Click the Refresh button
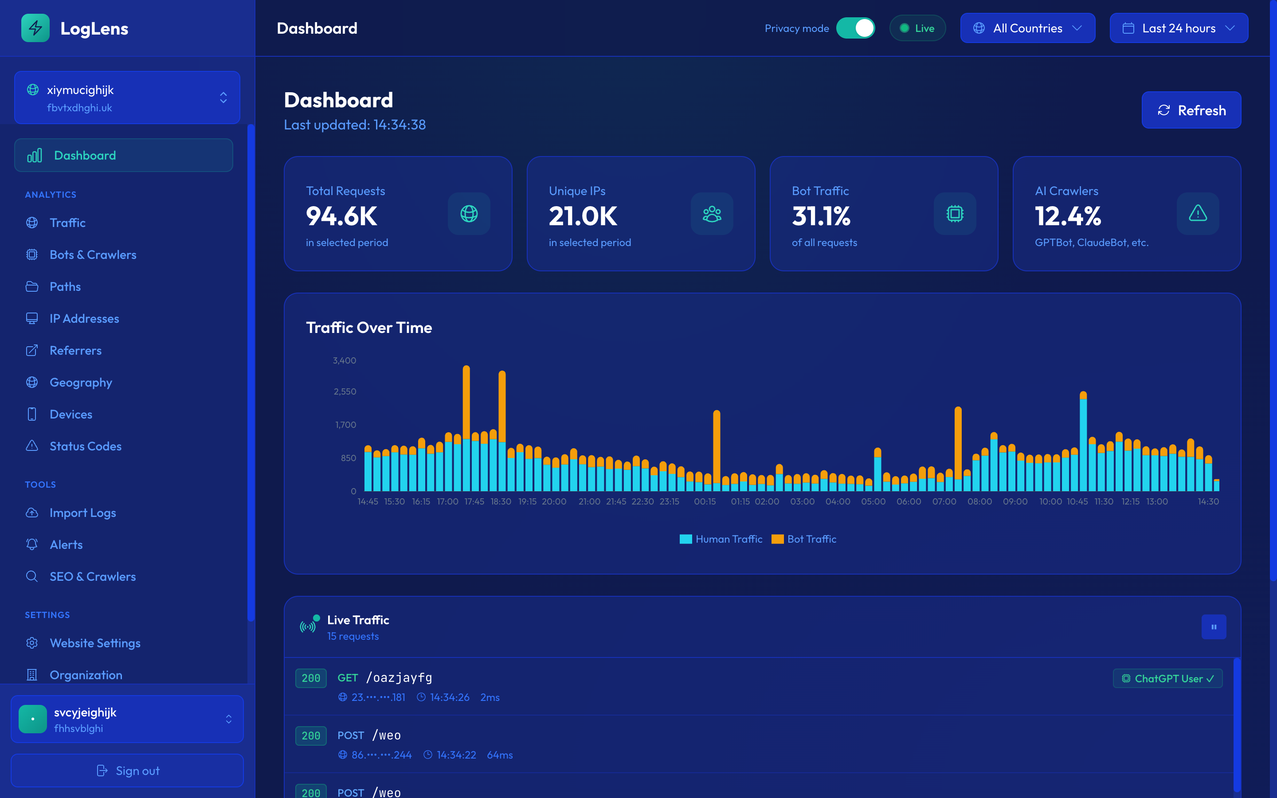pyautogui.click(x=1191, y=110)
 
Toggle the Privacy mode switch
pyautogui.click(x=855, y=28)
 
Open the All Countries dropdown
pyautogui.click(x=1027, y=28)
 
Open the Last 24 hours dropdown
pyautogui.click(x=1178, y=28)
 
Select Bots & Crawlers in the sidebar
pyautogui.click(x=92, y=254)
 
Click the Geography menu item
pyautogui.click(x=81, y=382)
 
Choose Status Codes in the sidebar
pyautogui.click(x=85, y=446)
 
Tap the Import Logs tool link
pyautogui.click(x=82, y=512)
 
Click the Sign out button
pyautogui.click(x=127, y=771)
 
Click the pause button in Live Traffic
pyautogui.click(x=1213, y=627)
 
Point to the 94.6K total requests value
pyautogui.click(x=341, y=216)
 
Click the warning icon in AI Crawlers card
pyautogui.click(x=1197, y=214)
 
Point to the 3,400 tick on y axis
pyautogui.click(x=344, y=360)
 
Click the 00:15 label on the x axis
pyautogui.click(x=705, y=501)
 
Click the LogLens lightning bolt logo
pyautogui.click(x=35, y=28)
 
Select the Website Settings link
pyautogui.click(x=95, y=643)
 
